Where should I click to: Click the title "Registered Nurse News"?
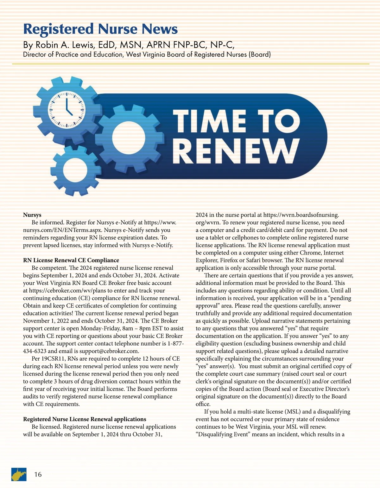100,29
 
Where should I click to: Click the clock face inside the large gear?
67,109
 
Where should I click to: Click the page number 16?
38,474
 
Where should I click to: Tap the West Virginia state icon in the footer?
19,474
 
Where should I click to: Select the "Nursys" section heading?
32,215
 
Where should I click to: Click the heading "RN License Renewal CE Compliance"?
71,260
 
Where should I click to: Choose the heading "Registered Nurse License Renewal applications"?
85,419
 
